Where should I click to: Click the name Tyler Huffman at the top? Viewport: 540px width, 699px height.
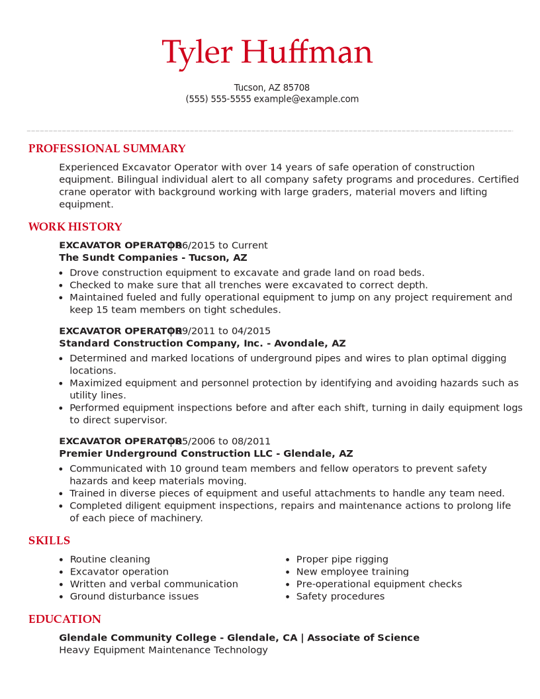[267, 53]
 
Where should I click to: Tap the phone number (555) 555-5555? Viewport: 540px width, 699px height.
[218, 99]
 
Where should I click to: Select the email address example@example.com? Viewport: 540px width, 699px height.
[306, 99]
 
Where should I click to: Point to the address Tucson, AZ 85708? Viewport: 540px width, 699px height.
[271, 88]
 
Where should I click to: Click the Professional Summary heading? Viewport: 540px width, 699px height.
[107, 149]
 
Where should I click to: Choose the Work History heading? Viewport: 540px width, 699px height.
[75, 227]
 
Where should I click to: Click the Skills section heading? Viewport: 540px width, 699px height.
[49, 541]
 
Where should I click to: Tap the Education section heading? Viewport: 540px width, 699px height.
[64, 620]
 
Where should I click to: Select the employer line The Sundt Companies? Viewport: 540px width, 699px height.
[153, 258]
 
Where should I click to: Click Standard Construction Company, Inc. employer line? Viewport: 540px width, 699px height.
[202, 344]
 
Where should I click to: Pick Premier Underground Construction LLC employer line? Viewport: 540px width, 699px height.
[206, 454]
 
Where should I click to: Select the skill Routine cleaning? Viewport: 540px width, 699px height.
[110, 560]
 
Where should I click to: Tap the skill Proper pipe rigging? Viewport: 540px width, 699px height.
[342, 560]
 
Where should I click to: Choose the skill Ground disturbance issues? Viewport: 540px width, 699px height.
[134, 597]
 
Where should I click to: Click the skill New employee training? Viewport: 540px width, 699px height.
[352, 572]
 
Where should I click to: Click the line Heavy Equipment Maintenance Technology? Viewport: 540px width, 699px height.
[163, 651]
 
